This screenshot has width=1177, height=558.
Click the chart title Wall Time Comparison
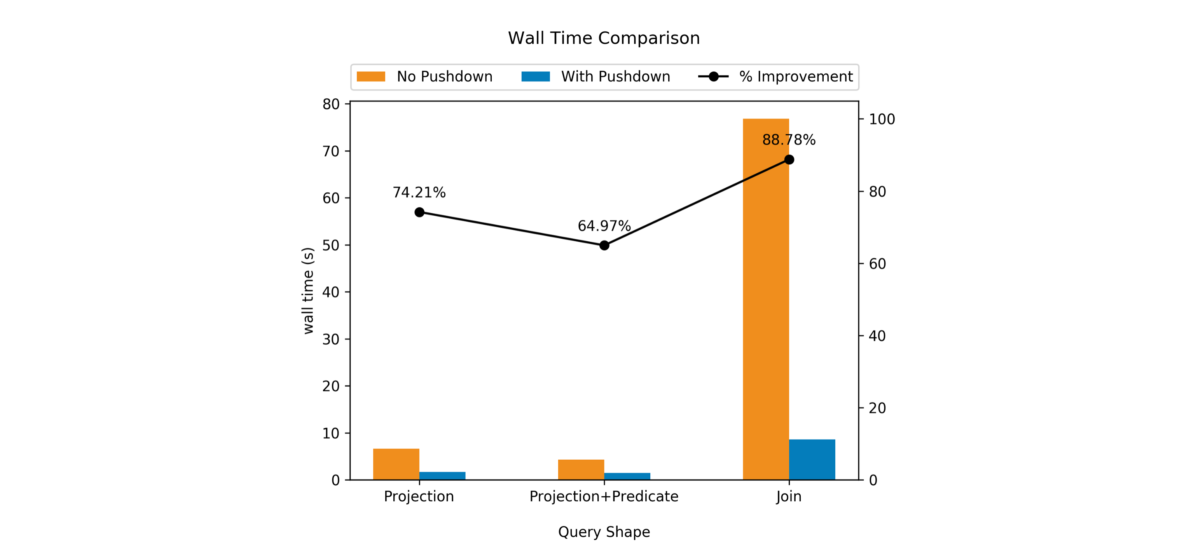604,38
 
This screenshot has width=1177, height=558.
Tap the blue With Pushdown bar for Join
812,459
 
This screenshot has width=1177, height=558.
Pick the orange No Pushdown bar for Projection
396,464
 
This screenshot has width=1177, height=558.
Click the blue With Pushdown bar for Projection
442,476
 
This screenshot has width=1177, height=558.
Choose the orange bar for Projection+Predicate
581,469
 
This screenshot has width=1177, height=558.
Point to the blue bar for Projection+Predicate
627,476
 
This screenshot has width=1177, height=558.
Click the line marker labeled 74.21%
419,212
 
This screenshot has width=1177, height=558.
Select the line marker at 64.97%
604,246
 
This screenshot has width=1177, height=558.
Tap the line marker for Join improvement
789,159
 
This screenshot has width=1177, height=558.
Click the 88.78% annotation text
789,140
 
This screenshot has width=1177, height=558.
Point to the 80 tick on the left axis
331,104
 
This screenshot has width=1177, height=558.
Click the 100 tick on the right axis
881,119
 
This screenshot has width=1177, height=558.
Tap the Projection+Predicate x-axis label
604,496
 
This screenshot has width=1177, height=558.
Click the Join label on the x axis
789,496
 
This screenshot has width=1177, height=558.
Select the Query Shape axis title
604,532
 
